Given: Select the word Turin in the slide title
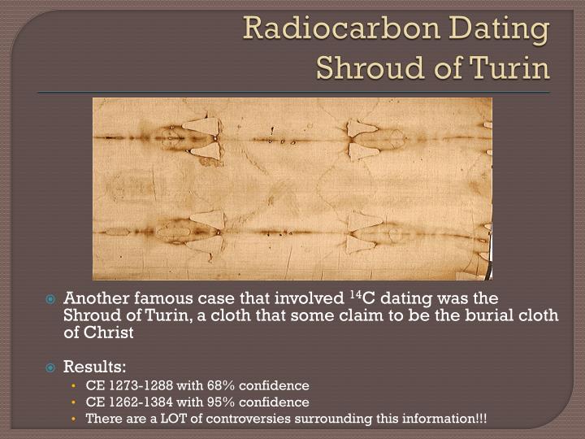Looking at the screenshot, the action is (x=509, y=68).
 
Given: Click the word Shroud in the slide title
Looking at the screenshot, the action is (x=370, y=68).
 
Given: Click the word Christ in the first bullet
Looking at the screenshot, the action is (x=109, y=333).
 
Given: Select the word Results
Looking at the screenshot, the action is (x=95, y=367).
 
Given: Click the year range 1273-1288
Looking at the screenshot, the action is (x=141, y=385).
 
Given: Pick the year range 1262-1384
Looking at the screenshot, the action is (x=141, y=402).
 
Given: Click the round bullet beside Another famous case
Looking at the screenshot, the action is (x=50, y=299).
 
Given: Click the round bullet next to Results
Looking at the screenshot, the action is (x=50, y=367).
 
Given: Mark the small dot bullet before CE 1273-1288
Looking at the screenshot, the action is (x=73, y=385).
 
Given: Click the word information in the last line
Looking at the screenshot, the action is (x=433, y=418).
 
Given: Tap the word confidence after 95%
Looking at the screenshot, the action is (x=274, y=402).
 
